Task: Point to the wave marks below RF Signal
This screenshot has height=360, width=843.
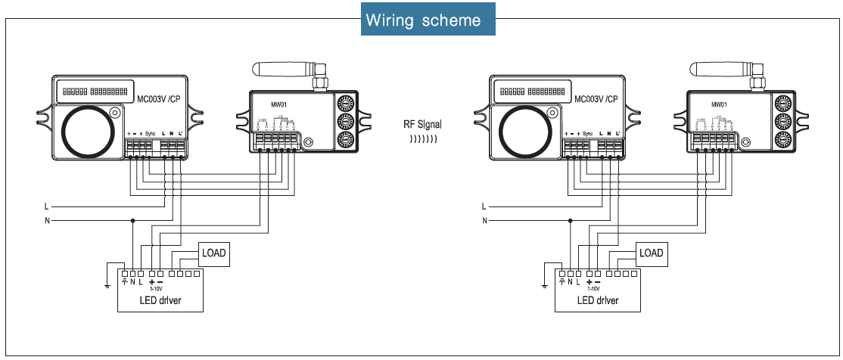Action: click(423, 139)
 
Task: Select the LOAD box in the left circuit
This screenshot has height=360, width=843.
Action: click(213, 253)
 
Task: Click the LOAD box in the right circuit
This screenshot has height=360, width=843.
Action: click(651, 253)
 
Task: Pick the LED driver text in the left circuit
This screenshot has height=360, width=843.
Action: click(160, 300)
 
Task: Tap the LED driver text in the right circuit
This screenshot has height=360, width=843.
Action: click(598, 300)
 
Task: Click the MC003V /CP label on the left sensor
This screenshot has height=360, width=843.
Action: click(158, 98)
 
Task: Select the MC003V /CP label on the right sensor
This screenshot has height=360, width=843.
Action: click(596, 98)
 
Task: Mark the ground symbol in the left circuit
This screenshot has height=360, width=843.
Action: click(107, 286)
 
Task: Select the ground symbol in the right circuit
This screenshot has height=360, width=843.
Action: click(544, 286)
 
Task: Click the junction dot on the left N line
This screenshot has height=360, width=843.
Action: click(133, 221)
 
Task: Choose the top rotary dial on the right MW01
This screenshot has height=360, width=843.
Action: click(782, 104)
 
